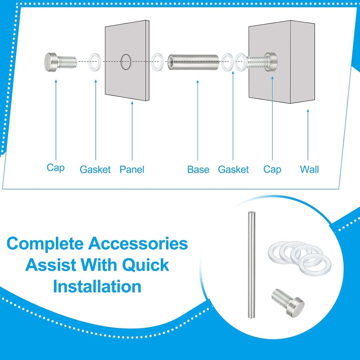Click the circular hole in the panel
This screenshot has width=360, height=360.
(126, 62)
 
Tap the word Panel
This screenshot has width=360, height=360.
(132, 169)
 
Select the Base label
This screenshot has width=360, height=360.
(198, 169)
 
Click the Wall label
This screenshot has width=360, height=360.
(309, 169)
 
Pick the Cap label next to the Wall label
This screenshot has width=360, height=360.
(272, 169)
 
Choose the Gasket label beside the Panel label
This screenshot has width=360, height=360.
(95, 169)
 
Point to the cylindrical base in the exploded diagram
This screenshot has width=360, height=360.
(193, 62)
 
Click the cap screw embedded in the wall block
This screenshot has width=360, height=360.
(262, 62)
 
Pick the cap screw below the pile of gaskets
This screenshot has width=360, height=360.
(287, 302)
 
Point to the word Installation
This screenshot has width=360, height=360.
(97, 287)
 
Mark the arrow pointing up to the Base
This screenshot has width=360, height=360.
(198, 120)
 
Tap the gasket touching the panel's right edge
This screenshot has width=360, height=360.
(158, 62)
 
